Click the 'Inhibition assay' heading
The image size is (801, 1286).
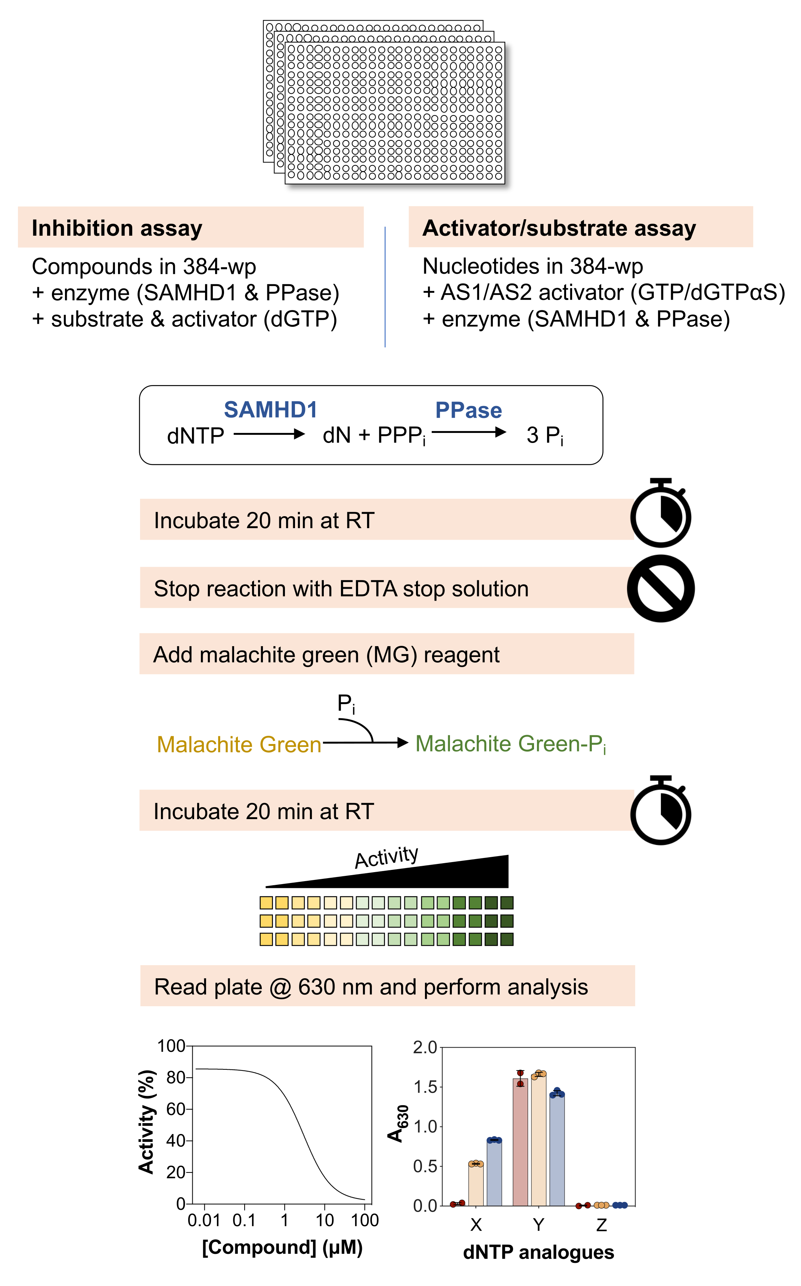click(117, 228)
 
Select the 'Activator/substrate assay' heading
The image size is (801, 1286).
click(559, 228)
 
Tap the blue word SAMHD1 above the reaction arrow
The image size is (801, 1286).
click(270, 410)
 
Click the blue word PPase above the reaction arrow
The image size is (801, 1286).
click(468, 410)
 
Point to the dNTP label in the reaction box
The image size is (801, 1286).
click(195, 436)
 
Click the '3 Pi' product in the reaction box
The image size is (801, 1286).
click(544, 436)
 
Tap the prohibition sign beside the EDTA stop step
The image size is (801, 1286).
click(661, 588)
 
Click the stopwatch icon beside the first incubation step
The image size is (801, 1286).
click(661, 514)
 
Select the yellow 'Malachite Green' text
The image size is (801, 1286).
click(239, 744)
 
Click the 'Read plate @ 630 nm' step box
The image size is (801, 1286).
click(387, 986)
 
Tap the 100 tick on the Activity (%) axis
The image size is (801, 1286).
click(171, 1046)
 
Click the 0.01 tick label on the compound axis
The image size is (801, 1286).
click(204, 1220)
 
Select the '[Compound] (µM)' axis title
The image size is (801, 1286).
click(282, 1247)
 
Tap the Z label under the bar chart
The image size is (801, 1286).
click(601, 1224)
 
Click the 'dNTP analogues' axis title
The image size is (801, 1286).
click(538, 1252)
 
